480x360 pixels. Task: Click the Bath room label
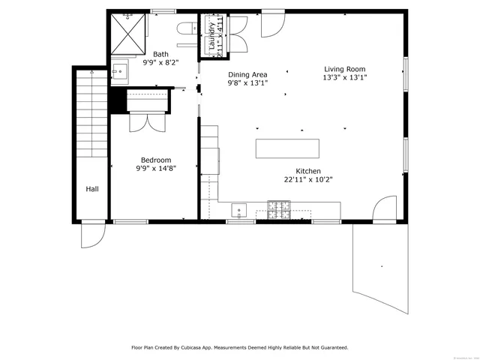pos(161,54)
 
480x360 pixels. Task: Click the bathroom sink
pos(120,71)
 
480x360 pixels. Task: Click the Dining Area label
pos(247,74)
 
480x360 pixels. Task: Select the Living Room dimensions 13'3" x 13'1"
pos(345,77)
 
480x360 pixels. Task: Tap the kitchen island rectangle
pos(287,148)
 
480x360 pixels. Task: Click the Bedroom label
pos(156,160)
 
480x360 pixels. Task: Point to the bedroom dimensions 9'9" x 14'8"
pos(156,169)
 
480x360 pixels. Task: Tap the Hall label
pos(91,189)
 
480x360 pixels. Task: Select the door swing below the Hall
pos(91,236)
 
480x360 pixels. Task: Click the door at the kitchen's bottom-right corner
pos(385,208)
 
